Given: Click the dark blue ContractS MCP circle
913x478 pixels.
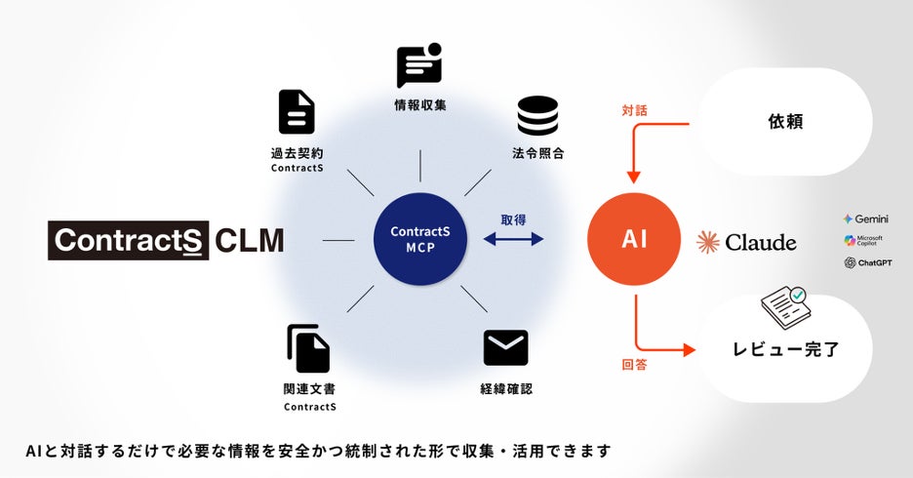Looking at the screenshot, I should pos(419,239).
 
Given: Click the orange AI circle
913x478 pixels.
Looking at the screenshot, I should pos(634,239).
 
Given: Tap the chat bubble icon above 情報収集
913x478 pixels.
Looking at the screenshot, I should pos(419,66).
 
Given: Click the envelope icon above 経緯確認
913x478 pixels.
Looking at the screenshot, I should pos(505,347).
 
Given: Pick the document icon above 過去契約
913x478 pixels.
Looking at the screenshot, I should pos(297,112).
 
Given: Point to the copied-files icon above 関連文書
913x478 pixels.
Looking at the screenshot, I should pos(308,348).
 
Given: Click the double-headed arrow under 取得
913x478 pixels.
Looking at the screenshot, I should pos(513,239).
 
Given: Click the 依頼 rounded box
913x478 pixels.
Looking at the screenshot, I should pos(786,124).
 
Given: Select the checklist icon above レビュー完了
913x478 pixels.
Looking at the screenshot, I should pos(785,306).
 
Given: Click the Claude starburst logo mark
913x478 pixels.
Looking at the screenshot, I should pos(708,241).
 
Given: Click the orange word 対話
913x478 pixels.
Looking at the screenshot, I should pos(634,113).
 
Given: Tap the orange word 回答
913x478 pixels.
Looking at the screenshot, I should pos(634,366).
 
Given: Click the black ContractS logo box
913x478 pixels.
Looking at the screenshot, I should pos(129,240).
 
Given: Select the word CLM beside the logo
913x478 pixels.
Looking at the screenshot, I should pos(250,240).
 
